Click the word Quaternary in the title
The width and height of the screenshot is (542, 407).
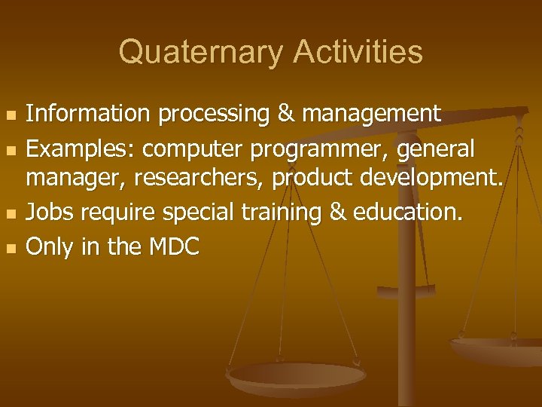pyautogui.click(x=199, y=53)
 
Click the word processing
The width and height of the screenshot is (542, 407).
pyautogui.click(x=202, y=115)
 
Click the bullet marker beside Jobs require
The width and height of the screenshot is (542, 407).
pyautogui.click(x=9, y=213)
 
